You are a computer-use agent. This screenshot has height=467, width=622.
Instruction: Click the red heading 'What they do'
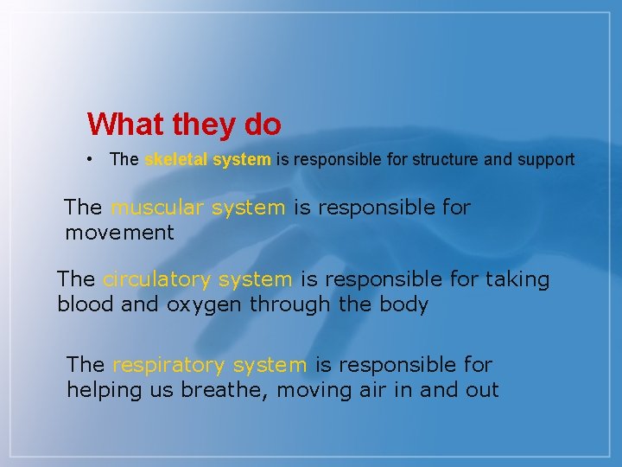(184, 125)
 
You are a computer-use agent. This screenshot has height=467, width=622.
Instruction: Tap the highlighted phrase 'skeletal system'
(207, 160)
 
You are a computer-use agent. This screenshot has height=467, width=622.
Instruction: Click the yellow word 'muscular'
(152, 208)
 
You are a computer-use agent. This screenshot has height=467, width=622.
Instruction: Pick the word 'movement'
(119, 233)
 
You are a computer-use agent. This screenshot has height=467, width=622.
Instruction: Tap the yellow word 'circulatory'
(158, 279)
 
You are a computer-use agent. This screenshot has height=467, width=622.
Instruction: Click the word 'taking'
(517, 279)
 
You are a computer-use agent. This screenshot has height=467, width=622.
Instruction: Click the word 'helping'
(102, 391)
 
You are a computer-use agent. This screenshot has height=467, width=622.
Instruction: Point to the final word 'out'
(482, 390)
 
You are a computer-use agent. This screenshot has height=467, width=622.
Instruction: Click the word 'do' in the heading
(263, 125)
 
